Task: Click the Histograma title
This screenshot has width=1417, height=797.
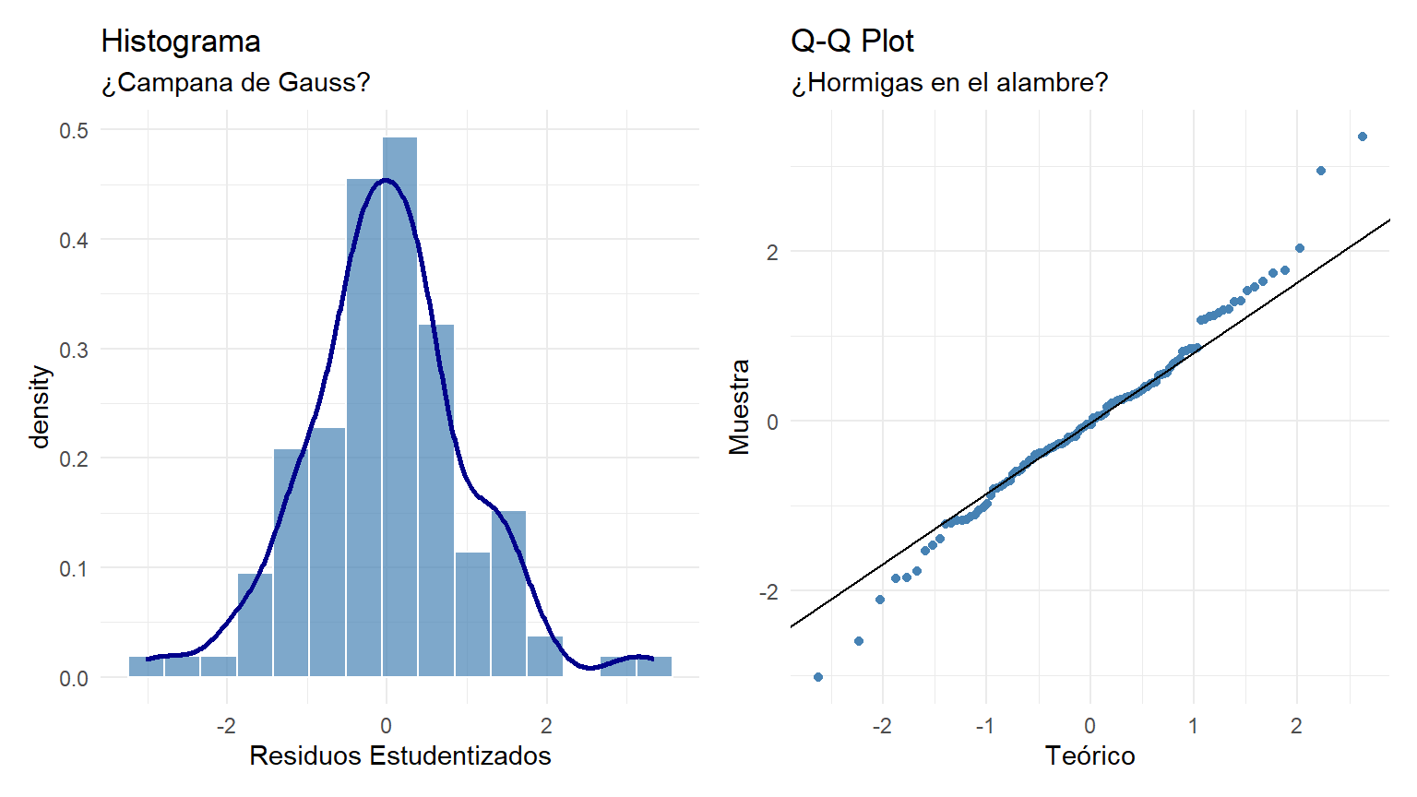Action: (181, 42)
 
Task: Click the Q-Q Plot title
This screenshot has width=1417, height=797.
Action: (851, 42)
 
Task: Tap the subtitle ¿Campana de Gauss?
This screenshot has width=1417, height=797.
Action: (235, 83)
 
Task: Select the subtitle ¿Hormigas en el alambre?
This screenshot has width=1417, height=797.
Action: (949, 83)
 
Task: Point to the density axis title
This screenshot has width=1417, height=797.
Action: (40, 406)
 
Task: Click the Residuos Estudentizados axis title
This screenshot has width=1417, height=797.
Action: (399, 756)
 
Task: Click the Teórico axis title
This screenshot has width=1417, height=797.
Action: (1090, 756)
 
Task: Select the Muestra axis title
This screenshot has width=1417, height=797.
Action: (739, 406)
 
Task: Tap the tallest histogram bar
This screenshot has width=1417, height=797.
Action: (399, 406)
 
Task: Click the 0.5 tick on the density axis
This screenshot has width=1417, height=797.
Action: (74, 130)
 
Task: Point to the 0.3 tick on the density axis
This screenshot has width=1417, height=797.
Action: (74, 350)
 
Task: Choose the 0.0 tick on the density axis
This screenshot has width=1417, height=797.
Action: (74, 679)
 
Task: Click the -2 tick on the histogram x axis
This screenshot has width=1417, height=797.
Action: (226, 726)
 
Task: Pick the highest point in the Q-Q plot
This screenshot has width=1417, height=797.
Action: (1363, 137)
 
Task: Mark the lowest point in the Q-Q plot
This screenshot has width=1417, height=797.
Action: (818, 677)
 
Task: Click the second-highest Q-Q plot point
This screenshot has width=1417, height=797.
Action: (1321, 171)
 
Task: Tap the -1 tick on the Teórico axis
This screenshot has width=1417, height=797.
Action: (984, 726)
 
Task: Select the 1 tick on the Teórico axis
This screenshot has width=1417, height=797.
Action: (1193, 726)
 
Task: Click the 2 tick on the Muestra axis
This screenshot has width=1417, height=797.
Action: (772, 252)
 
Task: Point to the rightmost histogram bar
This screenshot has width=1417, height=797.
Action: (654, 666)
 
